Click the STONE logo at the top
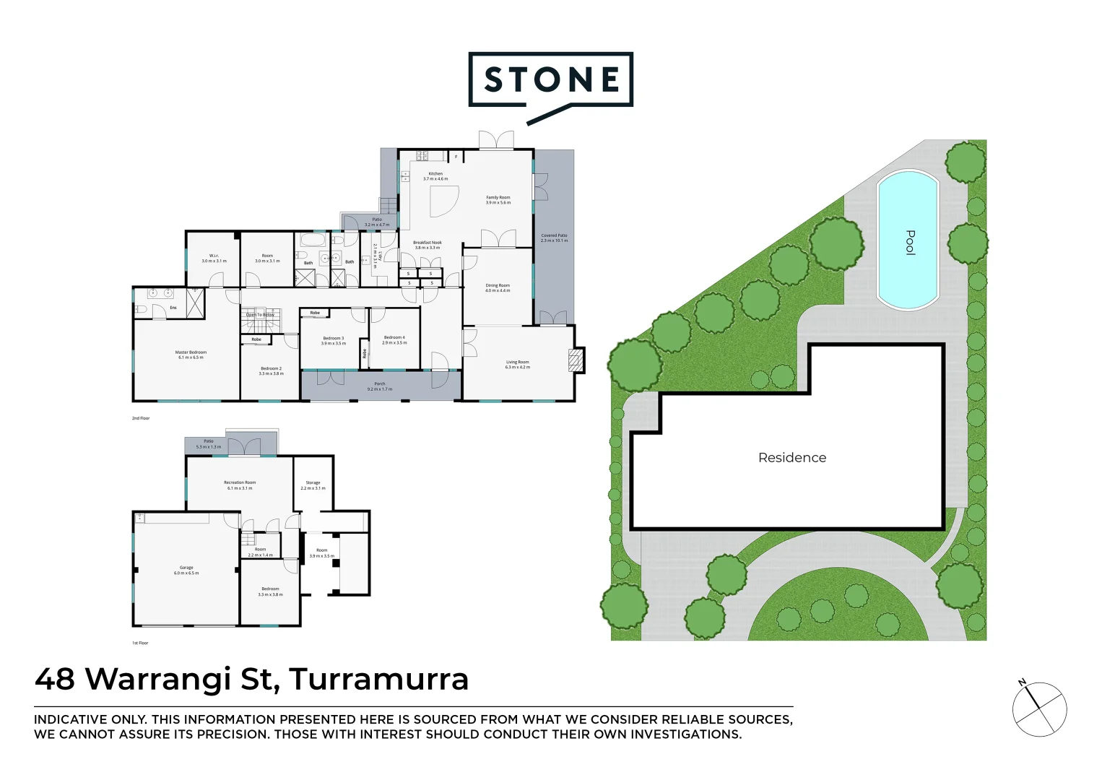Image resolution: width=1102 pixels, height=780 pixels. [551, 80]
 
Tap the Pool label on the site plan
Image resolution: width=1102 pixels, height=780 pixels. [910, 242]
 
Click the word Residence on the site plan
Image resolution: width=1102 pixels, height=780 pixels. [792, 457]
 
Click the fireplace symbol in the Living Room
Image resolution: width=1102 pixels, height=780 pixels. [576, 360]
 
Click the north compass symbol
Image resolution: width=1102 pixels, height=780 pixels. [1038, 708]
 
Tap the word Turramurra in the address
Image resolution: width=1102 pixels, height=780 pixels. [378, 679]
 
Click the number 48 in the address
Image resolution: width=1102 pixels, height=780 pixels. [55, 679]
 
